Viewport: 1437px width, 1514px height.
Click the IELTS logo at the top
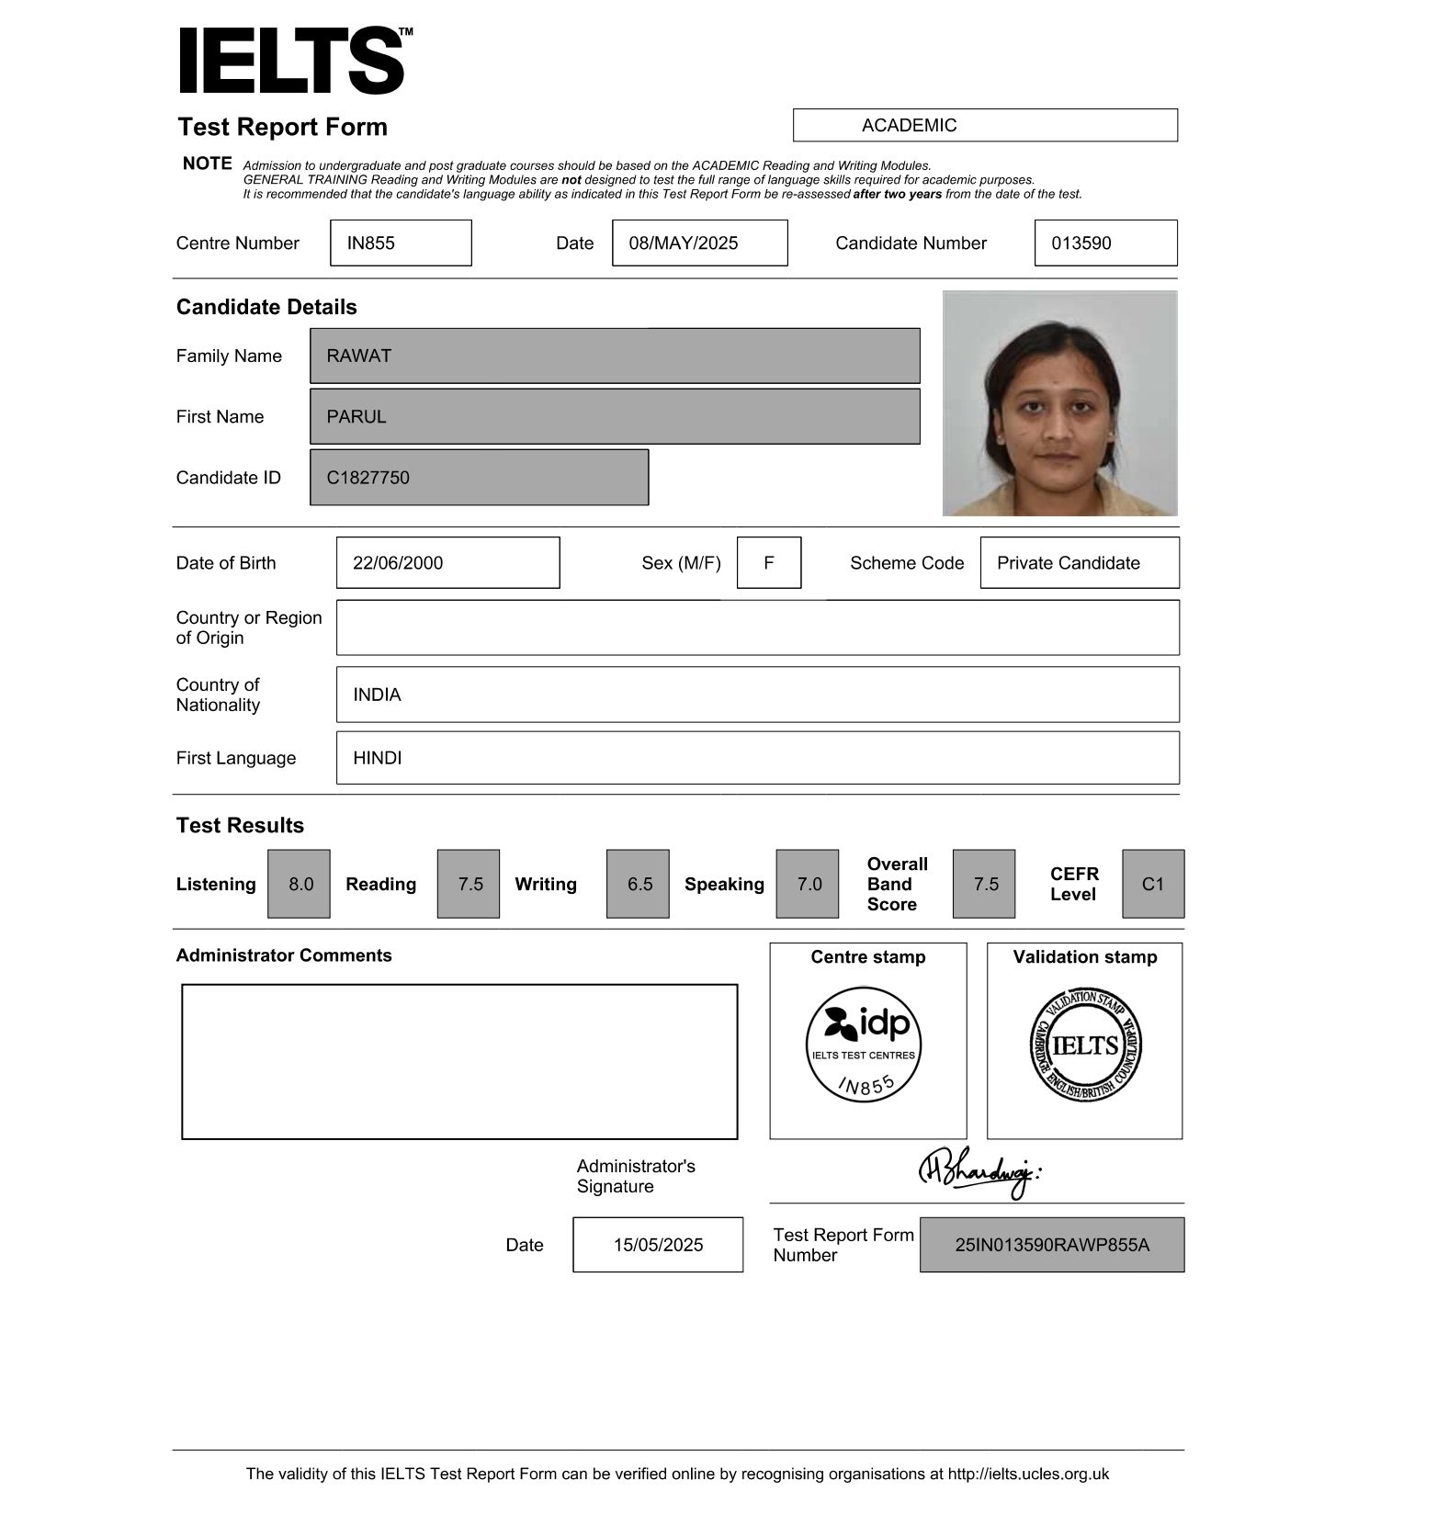292,61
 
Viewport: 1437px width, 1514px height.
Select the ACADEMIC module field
984,125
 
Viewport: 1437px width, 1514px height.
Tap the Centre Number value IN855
401,243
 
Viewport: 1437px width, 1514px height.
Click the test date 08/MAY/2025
699,243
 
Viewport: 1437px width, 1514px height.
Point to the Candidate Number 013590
1104,243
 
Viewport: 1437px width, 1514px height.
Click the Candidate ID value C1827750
479,478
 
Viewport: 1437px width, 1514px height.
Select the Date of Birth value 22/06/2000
447,563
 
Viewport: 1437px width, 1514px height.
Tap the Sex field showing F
769,563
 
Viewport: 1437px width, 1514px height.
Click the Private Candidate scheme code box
1079,563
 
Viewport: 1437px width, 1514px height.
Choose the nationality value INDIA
757,695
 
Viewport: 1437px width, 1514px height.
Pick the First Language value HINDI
757,758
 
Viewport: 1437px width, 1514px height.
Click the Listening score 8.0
300,884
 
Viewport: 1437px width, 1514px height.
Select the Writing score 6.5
639,884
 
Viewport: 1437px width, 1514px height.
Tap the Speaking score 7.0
808,884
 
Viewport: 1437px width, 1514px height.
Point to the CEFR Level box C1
1152,884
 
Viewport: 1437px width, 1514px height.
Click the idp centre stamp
864,1045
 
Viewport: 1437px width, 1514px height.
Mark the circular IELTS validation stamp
1085,1045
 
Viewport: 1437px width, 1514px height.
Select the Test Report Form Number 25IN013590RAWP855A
1051,1245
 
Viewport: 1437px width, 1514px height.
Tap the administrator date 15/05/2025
658,1245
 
